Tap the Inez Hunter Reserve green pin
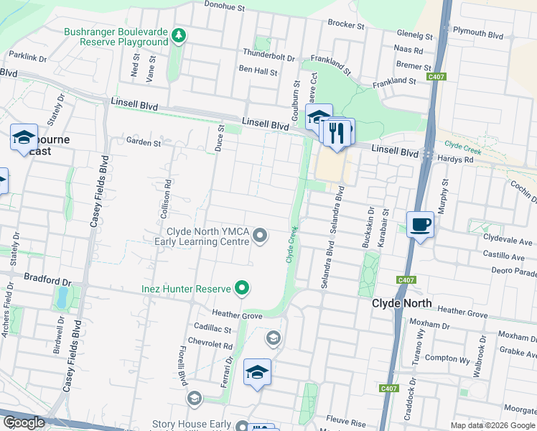243,289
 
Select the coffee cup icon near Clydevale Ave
420,225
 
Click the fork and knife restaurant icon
336,133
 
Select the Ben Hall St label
258,71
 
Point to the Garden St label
144,142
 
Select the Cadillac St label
208,329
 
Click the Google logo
24,422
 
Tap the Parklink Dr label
28,56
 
